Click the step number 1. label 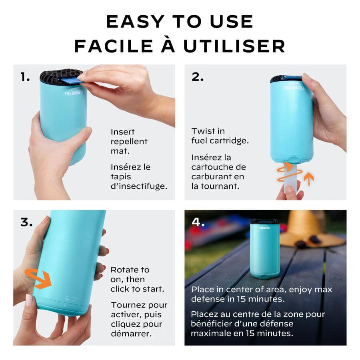(x=25, y=77)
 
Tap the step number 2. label (x=198, y=77)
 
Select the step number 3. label (x=26, y=222)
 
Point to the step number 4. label (x=198, y=222)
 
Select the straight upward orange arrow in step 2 (x=308, y=178)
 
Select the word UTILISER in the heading (x=234, y=46)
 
